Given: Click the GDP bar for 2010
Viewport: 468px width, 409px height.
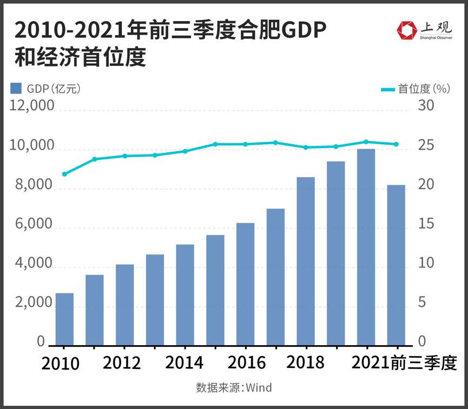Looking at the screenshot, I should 64,319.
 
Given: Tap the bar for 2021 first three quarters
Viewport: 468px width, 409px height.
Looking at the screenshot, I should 396,265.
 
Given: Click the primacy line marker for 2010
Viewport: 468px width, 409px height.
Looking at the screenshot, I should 64,174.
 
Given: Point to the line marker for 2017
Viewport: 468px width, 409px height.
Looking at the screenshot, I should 275,143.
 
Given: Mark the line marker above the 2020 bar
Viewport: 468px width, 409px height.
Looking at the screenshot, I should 366,142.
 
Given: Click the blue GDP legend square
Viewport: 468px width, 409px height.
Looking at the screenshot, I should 16,89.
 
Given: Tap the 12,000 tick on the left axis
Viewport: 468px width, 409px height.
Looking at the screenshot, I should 32,106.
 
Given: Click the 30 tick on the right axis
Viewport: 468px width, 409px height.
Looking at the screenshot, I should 426,106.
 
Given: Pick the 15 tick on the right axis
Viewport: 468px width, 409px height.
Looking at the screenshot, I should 426,225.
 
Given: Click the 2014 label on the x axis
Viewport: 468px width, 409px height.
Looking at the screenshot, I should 184,363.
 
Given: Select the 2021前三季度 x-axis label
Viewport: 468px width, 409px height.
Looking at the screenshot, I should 404,363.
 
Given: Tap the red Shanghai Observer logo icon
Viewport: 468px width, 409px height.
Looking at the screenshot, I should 406,31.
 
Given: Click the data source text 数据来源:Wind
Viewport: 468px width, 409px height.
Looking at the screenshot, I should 234,387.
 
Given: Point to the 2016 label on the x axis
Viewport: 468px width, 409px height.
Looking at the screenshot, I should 247,363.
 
